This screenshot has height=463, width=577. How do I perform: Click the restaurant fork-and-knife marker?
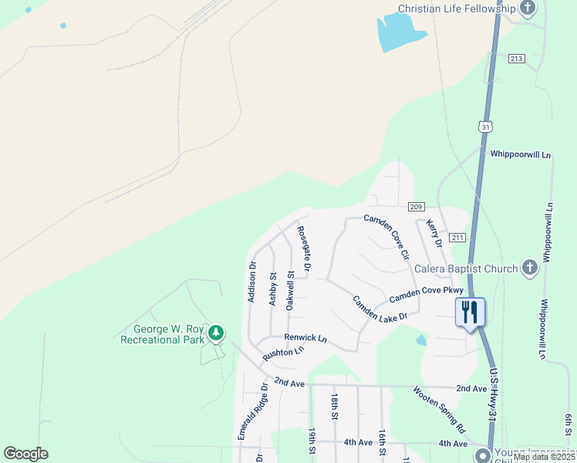tap(471, 312)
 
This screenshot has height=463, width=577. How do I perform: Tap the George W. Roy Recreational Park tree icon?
tap(217, 333)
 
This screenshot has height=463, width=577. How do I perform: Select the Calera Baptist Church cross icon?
tap(529, 268)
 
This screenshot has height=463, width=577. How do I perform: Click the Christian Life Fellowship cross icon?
tap(528, 8)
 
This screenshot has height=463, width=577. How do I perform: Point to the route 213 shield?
tap(517, 59)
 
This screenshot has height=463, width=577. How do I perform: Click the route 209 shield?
tap(417, 206)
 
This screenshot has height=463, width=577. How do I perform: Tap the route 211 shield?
tap(458, 237)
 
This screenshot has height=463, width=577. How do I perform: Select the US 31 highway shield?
tap(484, 126)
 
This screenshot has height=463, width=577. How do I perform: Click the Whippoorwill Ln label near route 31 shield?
tap(521, 154)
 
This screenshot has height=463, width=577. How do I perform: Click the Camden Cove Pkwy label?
tap(426, 294)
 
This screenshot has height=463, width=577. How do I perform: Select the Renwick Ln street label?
tap(305, 338)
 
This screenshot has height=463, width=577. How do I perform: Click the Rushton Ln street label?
tap(283, 353)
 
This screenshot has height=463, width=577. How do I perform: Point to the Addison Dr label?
tap(252, 282)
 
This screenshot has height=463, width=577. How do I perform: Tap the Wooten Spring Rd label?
tap(439, 409)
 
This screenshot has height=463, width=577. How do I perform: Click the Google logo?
tap(25, 454)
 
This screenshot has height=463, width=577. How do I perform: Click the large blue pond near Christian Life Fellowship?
tap(400, 33)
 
